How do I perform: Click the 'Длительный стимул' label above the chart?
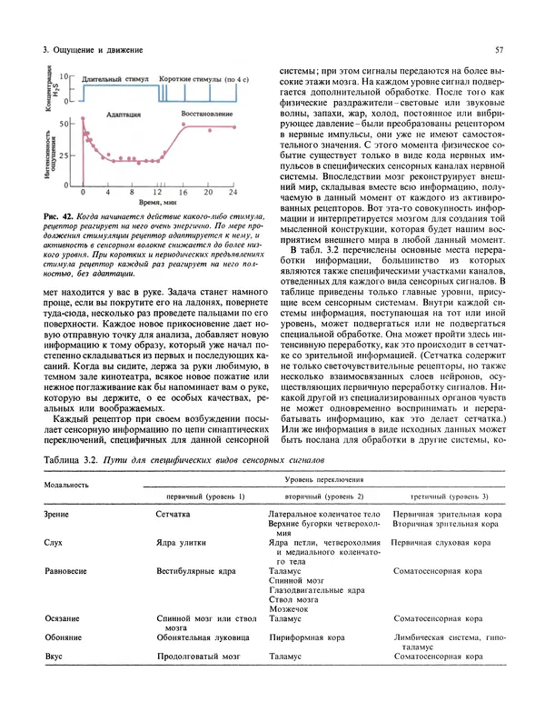tap(117, 81)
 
